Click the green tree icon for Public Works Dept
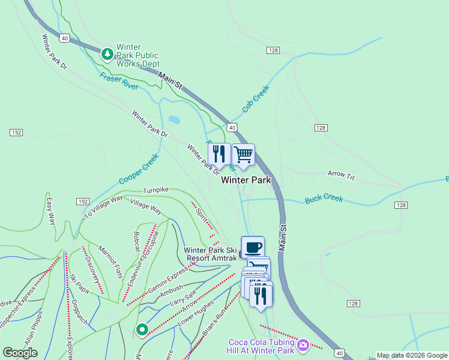coord(107,55)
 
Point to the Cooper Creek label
coord(138,169)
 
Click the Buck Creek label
coord(323,198)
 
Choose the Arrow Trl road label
coord(342,174)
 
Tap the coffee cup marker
coord(253,247)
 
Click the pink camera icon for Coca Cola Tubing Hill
coord(304,345)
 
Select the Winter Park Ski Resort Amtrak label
coord(210,254)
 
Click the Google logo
coord(20,353)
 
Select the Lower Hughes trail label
coord(196,314)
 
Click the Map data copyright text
coord(412,355)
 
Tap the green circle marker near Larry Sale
coord(142,329)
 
